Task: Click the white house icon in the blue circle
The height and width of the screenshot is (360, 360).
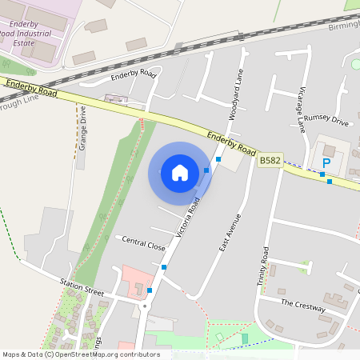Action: [180, 172]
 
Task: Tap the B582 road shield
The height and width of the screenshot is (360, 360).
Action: [270, 161]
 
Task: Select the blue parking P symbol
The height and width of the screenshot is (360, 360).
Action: [326, 163]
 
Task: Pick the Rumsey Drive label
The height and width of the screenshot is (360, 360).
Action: [327, 122]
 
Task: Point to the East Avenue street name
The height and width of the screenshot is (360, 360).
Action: [230, 233]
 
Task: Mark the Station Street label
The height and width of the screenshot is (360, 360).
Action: [82, 286]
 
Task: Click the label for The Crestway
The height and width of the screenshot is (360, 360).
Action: [303, 305]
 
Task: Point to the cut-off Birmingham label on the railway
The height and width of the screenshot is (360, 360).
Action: [345, 25]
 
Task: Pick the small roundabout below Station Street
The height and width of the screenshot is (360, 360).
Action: [145, 305]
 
